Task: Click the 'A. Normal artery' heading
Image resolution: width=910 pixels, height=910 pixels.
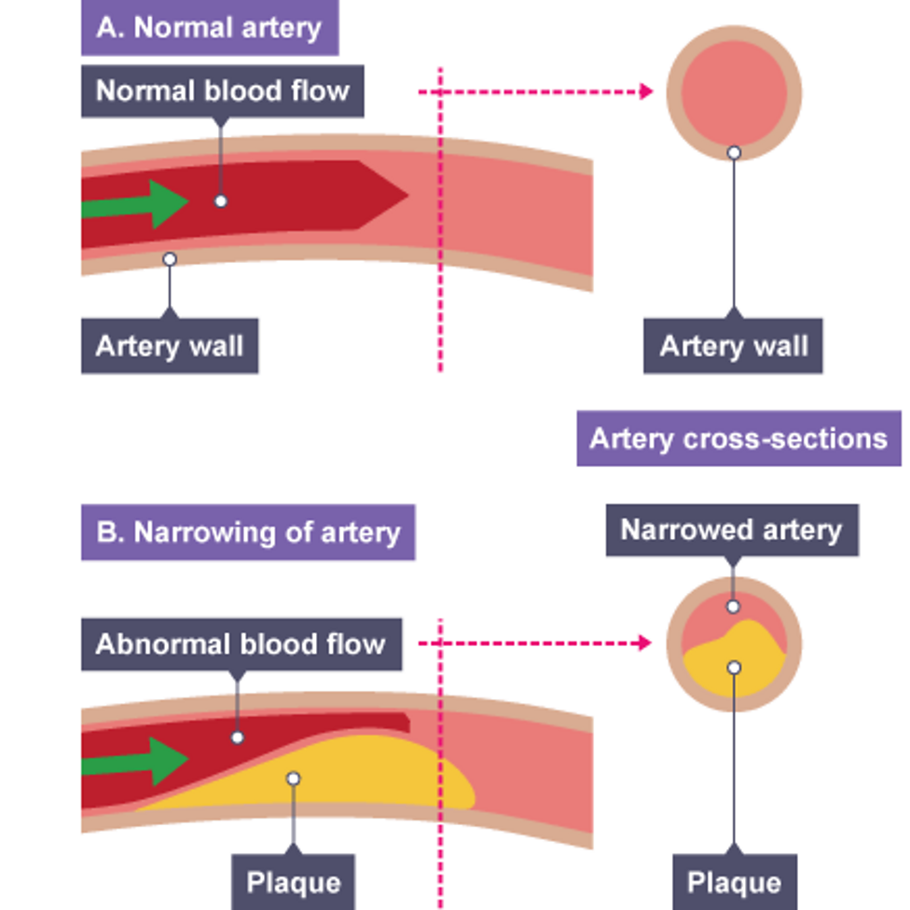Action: click(209, 27)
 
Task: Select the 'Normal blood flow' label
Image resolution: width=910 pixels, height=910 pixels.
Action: click(222, 90)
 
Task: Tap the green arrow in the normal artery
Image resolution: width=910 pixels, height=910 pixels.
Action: click(140, 203)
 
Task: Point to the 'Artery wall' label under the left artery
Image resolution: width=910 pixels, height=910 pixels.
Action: click(169, 347)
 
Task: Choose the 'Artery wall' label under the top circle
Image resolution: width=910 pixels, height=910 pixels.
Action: click(733, 347)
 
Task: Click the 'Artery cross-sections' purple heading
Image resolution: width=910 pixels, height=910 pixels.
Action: click(738, 438)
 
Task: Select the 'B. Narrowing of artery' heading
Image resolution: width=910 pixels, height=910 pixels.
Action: click(248, 533)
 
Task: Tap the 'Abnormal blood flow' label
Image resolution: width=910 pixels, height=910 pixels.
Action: click(241, 644)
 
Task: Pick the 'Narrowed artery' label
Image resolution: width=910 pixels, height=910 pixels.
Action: click(731, 531)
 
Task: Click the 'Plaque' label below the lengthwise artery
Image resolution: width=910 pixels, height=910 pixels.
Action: click(293, 881)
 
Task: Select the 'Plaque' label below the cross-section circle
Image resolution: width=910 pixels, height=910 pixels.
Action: click(734, 881)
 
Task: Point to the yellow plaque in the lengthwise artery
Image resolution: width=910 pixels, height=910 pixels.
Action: click(373, 779)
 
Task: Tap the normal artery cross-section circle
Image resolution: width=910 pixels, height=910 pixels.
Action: click(734, 93)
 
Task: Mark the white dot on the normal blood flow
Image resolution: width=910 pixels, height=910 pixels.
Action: click(220, 200)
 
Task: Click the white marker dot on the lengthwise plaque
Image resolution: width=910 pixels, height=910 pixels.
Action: click(293, 778)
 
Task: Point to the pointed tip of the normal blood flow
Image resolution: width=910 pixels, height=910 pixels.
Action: click(406, 195)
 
